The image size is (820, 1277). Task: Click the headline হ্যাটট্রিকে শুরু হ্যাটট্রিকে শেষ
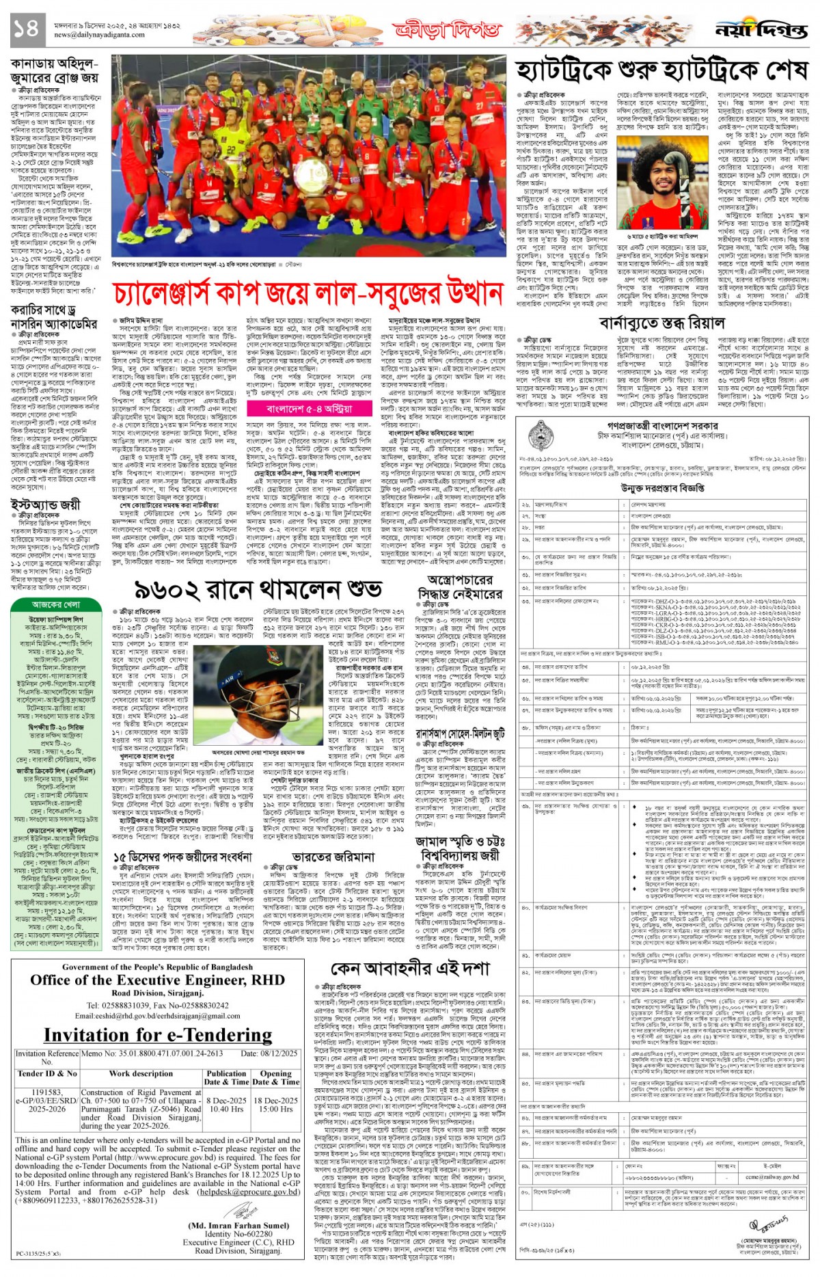[x=662, y=70]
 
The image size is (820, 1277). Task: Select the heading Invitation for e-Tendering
[x=157, y=1035]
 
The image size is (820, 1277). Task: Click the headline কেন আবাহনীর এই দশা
[x=409, y=969]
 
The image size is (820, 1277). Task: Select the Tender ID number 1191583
[x=46, y=1092]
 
